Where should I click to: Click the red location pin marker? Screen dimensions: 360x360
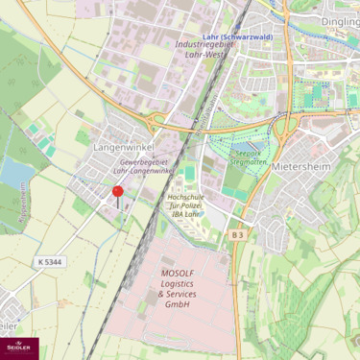click(x=118, y=193)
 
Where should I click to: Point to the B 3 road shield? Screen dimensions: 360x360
click(x=238, y=234)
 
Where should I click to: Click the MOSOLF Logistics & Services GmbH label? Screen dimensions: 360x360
click(x=178, y=288)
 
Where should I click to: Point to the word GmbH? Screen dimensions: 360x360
click(x=178, y=304)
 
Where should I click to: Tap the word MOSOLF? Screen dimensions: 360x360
click(x=178, y=273)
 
